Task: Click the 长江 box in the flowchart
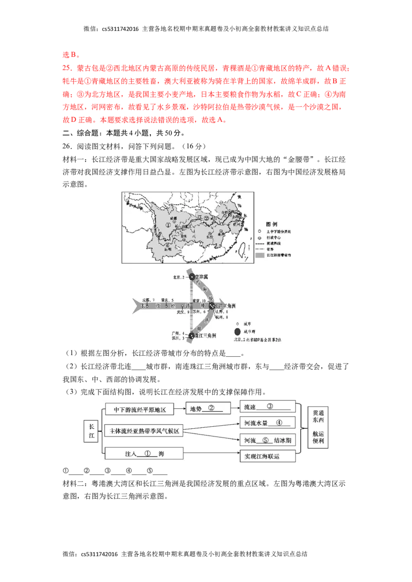(91, 431)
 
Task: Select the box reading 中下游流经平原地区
(139, 409)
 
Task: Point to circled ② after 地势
(211, 409)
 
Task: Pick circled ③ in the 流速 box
(269, 406)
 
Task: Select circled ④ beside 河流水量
(279, 422)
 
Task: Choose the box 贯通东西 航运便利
(319, 427)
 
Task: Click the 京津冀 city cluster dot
(192, 277)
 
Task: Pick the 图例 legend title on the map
(271, 224)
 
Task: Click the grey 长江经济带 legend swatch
(260, 254)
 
